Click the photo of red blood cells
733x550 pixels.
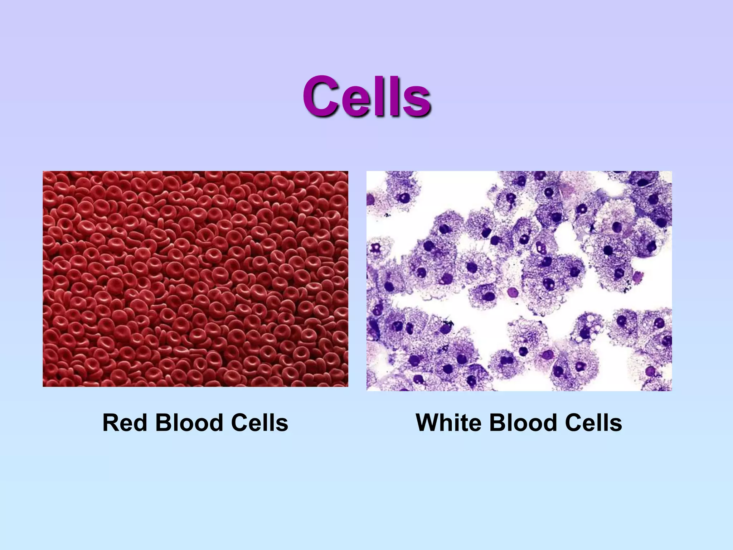click(195, 279)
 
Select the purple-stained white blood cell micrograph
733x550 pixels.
click(519, 281)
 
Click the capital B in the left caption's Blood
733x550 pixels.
click(163, 423)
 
